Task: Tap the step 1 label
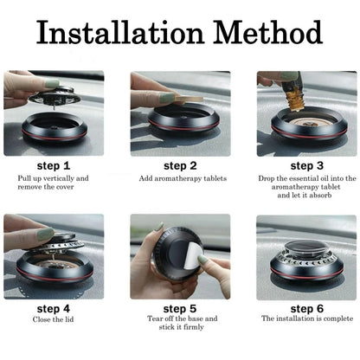click(54, 164)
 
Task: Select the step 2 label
click(180, 164)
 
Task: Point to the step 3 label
click(306, 164)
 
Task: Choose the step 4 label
click(54, 306)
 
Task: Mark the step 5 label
click(180, 306)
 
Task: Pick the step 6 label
click(306, 306)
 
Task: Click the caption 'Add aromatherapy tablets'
click(180, 178)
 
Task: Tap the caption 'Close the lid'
click(54, 319)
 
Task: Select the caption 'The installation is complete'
click(306, 319)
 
